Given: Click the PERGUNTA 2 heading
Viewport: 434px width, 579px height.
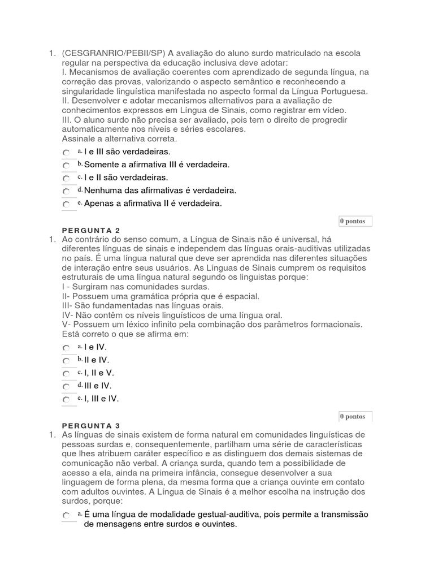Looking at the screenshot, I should click(x=91, y=230).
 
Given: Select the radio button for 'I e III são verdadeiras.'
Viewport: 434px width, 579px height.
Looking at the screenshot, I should click(x=66, y=153).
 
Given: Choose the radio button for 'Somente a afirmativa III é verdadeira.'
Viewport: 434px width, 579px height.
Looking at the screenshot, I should click(x=66, y=166).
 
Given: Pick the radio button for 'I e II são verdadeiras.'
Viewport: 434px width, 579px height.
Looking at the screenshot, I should click(x=66, y=179).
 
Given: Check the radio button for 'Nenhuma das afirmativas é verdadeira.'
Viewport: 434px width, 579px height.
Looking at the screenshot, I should click(x=66, y=192).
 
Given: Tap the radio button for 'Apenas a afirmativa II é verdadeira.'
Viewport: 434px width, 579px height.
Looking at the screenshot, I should click(x=66, y=205).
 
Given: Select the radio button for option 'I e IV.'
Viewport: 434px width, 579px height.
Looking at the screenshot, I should click(x=66, y=348).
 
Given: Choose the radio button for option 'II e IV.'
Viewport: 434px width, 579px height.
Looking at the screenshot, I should click(x=66, y=361).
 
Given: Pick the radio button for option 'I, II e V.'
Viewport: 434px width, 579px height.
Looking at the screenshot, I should click(x=66, y=374).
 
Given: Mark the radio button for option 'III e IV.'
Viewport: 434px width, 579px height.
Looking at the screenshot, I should click(x=66, y=387).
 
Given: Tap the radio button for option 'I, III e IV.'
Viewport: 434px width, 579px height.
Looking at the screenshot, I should click(x=66, y=400).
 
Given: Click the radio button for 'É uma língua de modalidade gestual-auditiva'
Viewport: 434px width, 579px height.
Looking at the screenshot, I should click(x=66, y=516).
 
